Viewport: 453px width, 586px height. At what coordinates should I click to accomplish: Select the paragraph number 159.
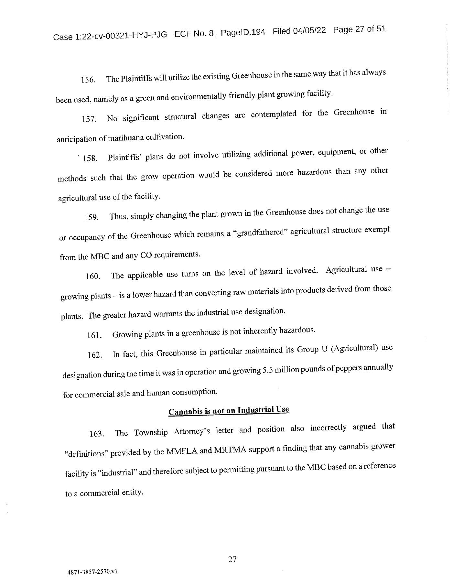[x=91, y=217]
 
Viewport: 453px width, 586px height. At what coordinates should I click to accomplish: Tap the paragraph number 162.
[x=95, y=355]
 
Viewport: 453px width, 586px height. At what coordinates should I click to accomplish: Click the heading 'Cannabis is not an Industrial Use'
[x=229, y=410]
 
